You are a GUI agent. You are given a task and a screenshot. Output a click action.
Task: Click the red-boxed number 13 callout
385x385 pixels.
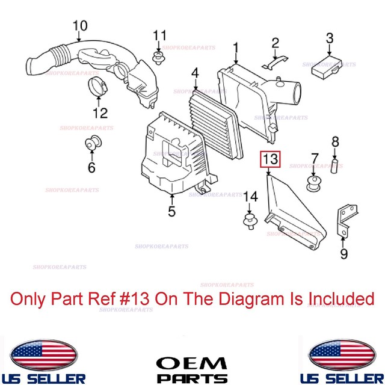tap(269, 159)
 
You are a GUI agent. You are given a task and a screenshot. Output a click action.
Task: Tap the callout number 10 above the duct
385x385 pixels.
tap(80, 26)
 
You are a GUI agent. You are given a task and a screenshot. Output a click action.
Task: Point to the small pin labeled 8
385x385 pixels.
tap(336, 163)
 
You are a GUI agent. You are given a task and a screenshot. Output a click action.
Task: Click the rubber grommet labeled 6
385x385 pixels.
tap(92, 144)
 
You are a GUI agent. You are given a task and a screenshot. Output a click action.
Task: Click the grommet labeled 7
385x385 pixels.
tap(313, 182)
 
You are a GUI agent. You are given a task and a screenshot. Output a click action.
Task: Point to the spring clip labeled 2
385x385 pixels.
tap(275, 63)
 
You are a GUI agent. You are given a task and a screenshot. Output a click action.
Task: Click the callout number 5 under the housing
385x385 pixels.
tap(171, 211)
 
